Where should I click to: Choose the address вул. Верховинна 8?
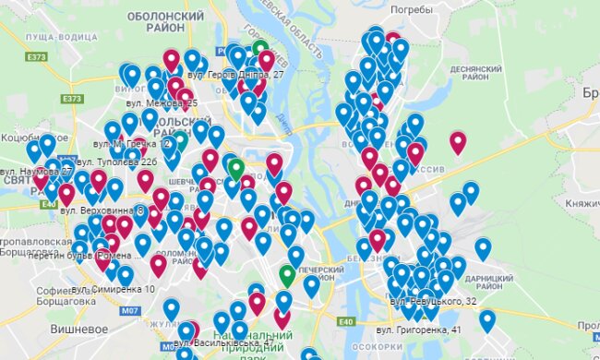(x=103, y=210)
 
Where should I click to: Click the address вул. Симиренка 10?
(x=114, y=289)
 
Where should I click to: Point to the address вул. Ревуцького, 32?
(x=432, y=301)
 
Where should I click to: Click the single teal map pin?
(x=179, y=140)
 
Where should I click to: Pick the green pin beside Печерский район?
(x=287, y=275)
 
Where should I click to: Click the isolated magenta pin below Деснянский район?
(x=457, y=141)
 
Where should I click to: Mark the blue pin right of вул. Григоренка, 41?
(x=486, y=319)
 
